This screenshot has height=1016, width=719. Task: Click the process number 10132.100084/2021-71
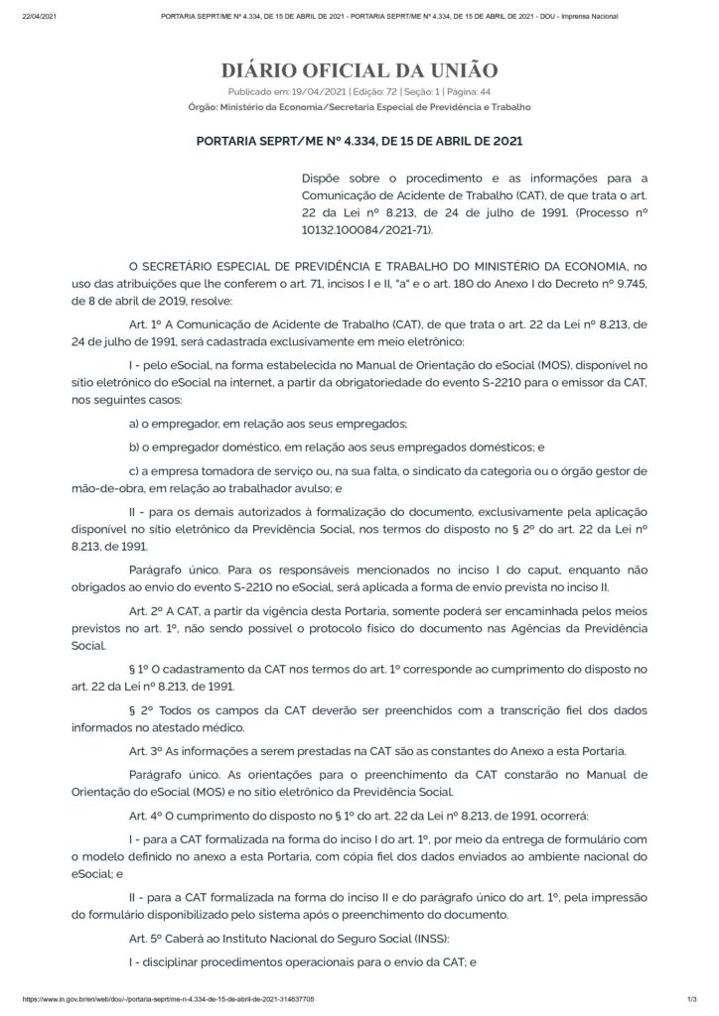361,229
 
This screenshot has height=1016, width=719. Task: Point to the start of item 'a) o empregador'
135,425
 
